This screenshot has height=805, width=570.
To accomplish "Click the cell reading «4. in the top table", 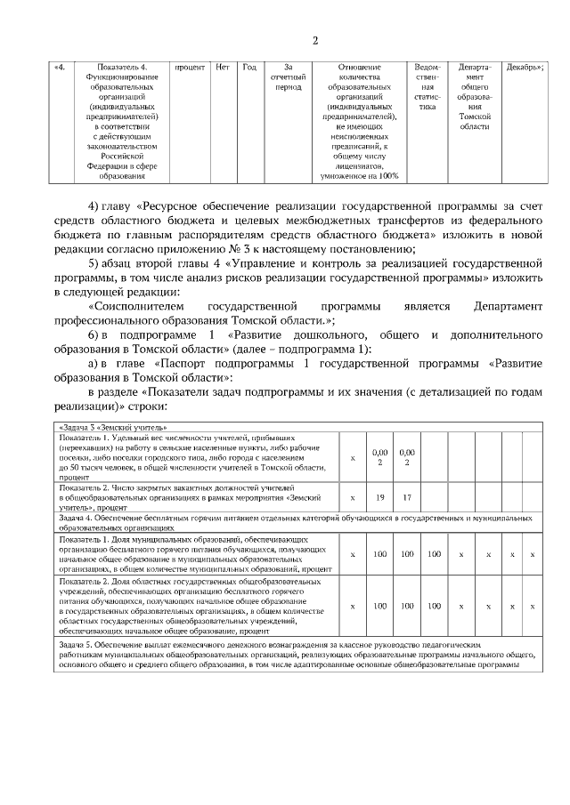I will click(60, 68).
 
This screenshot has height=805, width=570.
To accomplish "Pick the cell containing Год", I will click(250, 68).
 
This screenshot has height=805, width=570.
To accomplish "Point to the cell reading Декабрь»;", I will click(525, 68).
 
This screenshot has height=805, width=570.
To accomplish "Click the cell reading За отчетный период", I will click(288, 77).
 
